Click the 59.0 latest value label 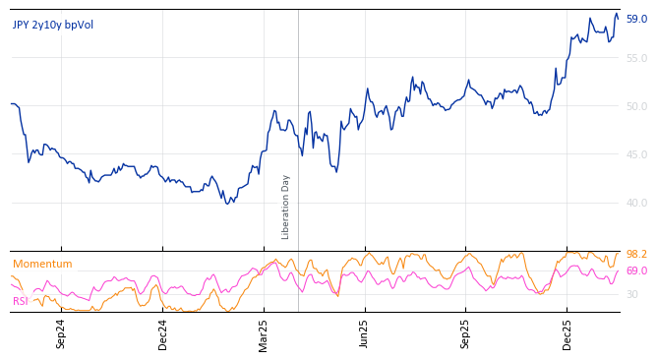click(636, 19)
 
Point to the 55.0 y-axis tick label click(636, 59)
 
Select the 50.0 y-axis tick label click(636, 107)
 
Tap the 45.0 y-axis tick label click(636, 155)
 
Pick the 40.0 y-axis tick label click(636, 204)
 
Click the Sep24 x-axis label click(61, 333)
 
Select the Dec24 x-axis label click(163, 333)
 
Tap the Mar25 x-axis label click(264, 333)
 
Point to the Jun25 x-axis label click(365, 333)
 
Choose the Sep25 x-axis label click(466, 333)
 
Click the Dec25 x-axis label click(567, 333)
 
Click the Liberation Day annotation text click(286, 207)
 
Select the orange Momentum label click(42, 264)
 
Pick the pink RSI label click(21, 301)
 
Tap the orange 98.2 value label click(636, 255)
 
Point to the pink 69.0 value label click(636, 271)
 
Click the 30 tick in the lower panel click(632, 295)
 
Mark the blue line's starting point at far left click(11, 103)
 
